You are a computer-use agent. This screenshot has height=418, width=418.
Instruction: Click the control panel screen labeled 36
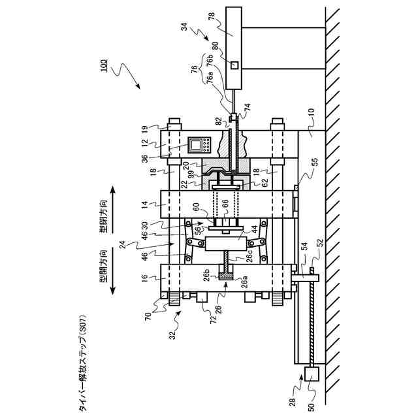coord(197,144)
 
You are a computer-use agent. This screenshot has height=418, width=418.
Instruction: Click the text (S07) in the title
coord(82,328)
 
